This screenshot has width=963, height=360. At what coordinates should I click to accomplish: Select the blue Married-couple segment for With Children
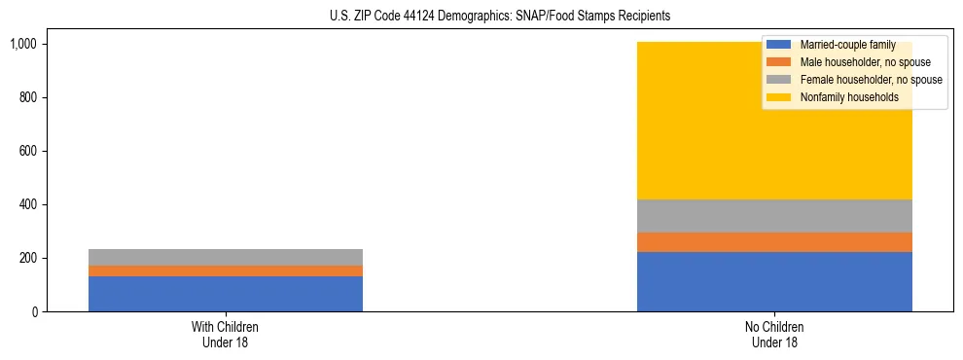coord(226,294)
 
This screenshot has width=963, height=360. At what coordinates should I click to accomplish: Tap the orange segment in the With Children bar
coord(226,270)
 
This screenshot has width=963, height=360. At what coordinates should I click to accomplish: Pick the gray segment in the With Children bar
coord(226,257)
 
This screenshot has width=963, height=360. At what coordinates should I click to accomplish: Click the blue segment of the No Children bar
coord(774,281)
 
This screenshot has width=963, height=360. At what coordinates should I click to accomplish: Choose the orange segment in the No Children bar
coord(774,242)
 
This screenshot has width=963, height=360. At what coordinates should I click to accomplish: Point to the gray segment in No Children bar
coord(774,216)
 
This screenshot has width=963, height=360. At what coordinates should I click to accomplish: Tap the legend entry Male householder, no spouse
coord(852,62)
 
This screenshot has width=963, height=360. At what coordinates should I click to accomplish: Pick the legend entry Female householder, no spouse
coord(857,80)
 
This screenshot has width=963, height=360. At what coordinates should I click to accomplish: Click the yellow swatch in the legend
coord(779,97)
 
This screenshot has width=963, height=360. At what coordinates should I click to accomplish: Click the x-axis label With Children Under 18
coord(226,335)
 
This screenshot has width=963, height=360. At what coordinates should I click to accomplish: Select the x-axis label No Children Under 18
coord(774,335)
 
